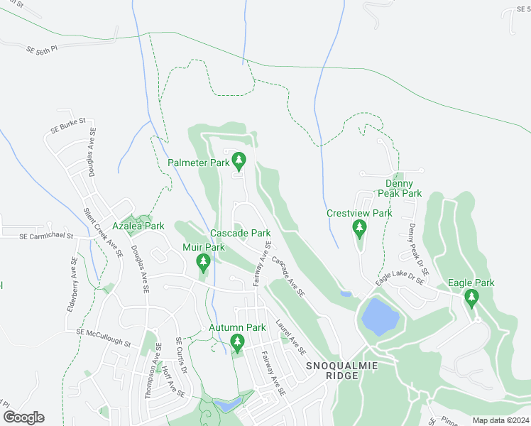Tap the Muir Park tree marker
coord(204,263)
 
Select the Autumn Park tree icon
coord(237,344)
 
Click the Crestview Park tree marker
coord(359,229)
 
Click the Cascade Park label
coord(240,233)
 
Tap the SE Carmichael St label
coord(47,235)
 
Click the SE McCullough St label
coord(104,337)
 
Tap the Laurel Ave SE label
coord(291,336)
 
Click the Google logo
coord(23,417)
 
